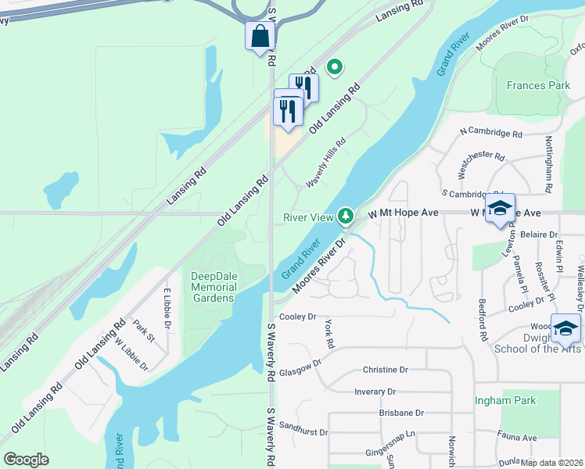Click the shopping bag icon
(x=260, y=35)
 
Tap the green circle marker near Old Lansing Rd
(x=335, y=68)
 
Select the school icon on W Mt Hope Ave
(x=500, y=208)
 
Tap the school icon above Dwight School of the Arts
(x=565, y=329)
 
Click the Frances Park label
(x=538, y=85)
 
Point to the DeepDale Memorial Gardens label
(x=213, y=287)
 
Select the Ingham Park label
(x=505, y=400)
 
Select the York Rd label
(x=329, y=334)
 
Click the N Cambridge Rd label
(x=491, y=134)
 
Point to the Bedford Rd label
(x=485, y=325)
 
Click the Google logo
(x=26, y=459)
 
